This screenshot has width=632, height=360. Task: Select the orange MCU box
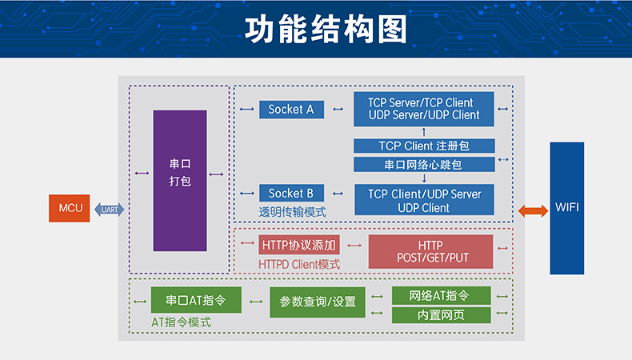tap(70, 209)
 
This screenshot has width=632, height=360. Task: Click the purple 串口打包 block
tap(180, 180)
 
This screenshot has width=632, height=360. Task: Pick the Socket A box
tap(291, 109)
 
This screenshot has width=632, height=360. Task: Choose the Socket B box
tap(291, 193)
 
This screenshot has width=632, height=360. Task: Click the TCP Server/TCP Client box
tap(424, 109)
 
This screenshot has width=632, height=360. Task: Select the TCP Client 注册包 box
tap(424, 146)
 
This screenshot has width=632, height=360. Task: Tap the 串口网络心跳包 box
tap(424, 164)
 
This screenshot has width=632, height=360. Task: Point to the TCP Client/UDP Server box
tap(424, 201)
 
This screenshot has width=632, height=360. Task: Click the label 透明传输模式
tap(292, 213)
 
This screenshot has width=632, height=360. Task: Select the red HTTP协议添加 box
tap(299, 244)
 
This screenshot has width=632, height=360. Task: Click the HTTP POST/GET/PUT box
tap(431, 251)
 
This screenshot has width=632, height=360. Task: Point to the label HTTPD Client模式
tap(299, 264)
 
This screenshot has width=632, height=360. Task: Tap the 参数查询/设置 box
tap(318, 302)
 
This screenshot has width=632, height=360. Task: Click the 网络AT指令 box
tap(441, 295)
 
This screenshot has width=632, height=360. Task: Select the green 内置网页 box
tap(441, 314)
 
